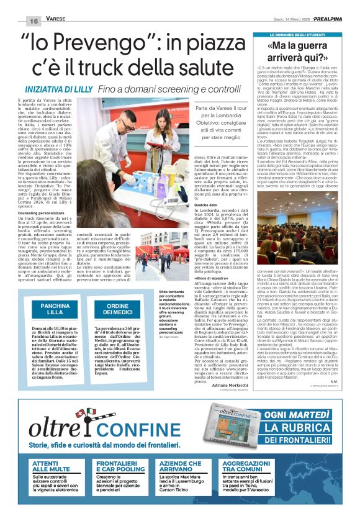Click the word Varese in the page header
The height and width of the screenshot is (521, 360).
click(56, 20)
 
